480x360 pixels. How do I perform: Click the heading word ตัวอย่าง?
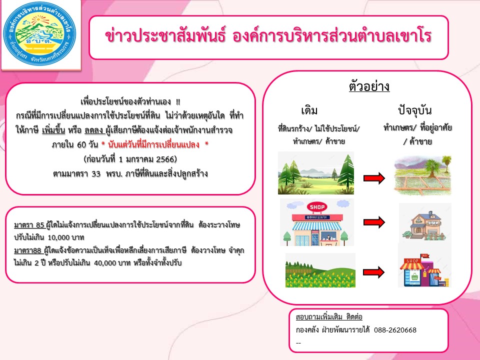tap(369, 86)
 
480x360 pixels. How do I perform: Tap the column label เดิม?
tap(309, 110)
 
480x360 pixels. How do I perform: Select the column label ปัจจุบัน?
tap(415, 110)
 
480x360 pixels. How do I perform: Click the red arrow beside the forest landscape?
tap(374, 178)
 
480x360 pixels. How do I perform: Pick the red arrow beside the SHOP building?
tap(374, 222)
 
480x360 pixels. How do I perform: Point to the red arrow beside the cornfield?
tap(374, 272)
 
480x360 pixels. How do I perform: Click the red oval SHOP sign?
tap(317, 207)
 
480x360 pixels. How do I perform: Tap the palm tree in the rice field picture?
tap(432, 168)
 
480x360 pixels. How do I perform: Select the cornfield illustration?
tap(320, 270)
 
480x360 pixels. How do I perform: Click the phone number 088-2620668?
tap(395, 330)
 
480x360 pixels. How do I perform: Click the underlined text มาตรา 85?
tap(29, 225)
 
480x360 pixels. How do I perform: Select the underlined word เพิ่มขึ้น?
tap(53, 130)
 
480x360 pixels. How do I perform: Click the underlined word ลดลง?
tap(94, 130)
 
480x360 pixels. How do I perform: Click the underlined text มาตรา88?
tap(27, 250)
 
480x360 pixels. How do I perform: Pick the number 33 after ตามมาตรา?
tap(96, 174)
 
